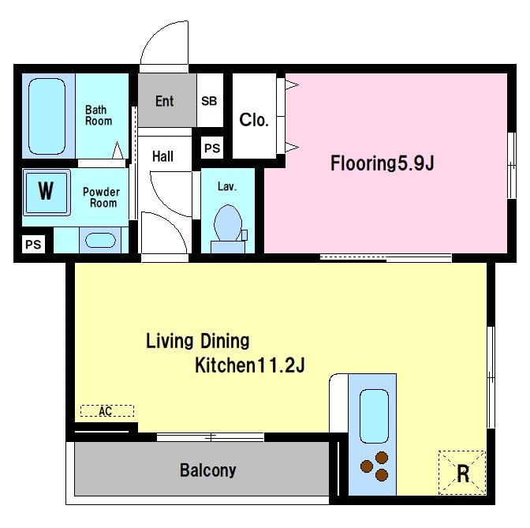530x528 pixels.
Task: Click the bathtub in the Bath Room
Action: click(47, 116)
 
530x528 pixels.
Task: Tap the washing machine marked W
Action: click(47, 193)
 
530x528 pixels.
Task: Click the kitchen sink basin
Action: click(374, 416)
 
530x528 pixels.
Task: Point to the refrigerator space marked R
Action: click(462, 473)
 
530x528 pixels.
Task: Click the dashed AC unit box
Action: click(107, 411)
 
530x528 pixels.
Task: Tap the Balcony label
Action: click(207, 470)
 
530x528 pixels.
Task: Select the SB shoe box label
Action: click(209, 101)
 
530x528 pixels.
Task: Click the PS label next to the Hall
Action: click(212, 148)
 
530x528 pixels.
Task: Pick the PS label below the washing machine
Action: click(33, 244)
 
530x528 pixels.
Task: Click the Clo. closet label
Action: click(254, 120)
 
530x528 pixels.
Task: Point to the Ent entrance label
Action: click(164, 101)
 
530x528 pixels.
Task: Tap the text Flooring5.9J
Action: click(382, 163)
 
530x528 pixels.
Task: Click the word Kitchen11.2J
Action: click(250, 365)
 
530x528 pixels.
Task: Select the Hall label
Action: click(162, 156)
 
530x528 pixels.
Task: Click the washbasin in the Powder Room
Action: click(100, 241)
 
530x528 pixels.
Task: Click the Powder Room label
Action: click(101, 197)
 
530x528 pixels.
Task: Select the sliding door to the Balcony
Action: click(211, 437)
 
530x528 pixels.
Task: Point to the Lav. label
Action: click(227, 186)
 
